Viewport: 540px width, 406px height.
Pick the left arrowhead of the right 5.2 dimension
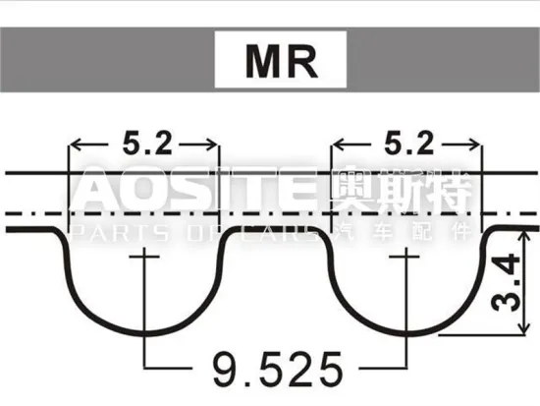337,146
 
